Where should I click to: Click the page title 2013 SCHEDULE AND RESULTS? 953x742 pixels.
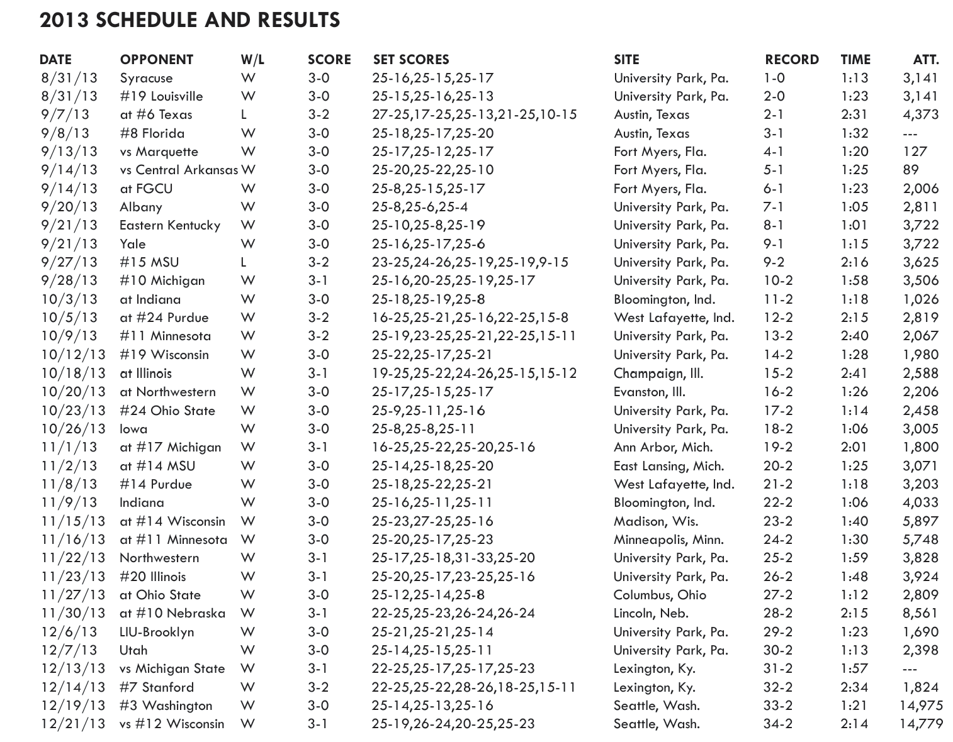[189, 20]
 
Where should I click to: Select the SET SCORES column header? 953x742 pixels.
[411, 60]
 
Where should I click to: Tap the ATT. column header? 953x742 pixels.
[925, 60]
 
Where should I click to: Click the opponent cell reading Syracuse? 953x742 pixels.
[146, 78]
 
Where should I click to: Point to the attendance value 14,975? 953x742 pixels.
[920, 706]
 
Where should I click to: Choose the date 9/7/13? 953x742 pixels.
[65, 115]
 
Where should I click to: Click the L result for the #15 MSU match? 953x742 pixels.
[244, 262]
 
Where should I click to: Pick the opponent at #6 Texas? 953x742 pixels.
[156, 115]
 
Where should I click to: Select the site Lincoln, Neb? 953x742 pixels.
[651, 613]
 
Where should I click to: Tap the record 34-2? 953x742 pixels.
[778, 724]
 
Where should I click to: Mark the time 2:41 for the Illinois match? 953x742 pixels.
[854, 374]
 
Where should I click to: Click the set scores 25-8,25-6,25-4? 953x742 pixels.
[420, 207]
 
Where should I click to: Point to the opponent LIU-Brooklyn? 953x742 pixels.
[157, 632]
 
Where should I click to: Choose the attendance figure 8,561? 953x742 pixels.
[920, 613]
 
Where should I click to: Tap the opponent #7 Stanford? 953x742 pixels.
[157, 687]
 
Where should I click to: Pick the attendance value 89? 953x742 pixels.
[910, 170]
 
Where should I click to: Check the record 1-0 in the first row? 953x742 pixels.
[774, 78]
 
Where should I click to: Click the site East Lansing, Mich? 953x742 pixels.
[668, 466]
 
